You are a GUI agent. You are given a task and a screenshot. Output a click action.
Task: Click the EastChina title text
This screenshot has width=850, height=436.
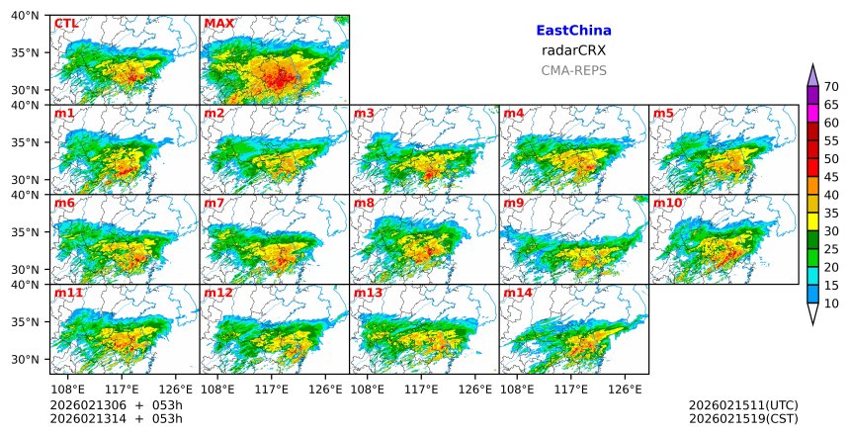tap(573, 31)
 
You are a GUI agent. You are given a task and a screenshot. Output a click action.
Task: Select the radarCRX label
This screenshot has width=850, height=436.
tap(573, 50)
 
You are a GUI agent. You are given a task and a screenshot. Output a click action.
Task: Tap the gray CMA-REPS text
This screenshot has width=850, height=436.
tap(573, 70)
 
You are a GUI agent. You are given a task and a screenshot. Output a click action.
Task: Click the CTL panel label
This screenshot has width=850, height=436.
tap(66, 24)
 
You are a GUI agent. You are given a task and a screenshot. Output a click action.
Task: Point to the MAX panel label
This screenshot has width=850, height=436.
tap(218, 24)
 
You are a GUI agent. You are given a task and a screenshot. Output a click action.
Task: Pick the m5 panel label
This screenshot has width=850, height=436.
tap(664, 114)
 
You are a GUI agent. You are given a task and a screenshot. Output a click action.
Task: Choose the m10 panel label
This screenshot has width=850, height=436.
tap(667, 204)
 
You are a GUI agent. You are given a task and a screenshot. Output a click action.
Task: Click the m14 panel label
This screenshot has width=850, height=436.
tap(518, 294)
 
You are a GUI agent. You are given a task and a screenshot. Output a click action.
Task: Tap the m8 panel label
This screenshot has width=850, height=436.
tap(365, 204)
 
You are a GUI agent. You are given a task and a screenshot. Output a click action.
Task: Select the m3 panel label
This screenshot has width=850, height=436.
tap(365, 114)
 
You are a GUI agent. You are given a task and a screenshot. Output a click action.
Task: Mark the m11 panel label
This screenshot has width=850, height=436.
tap(68, 294)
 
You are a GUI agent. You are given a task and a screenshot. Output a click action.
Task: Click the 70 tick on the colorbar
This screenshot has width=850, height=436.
tap(831, 86)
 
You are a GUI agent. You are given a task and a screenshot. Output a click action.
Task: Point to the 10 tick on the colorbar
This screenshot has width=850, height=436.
tap(831, 304)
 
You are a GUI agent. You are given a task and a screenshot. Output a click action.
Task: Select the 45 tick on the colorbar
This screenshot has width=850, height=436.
tap(831, 177)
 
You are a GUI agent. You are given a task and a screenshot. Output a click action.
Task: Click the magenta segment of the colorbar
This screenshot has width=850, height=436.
tap(813, 113)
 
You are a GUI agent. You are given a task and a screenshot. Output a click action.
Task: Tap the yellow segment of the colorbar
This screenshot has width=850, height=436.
tap(813, 221)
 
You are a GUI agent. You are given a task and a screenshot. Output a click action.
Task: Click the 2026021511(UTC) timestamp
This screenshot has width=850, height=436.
tap(742, 405)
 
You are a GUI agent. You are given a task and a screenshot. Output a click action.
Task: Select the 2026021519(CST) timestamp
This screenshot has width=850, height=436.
tap(742, 419)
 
